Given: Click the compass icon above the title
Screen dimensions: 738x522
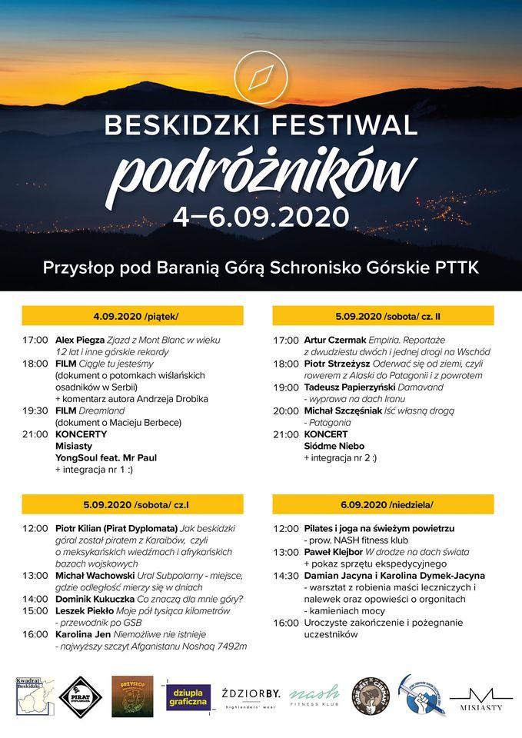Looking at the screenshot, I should (261, 77).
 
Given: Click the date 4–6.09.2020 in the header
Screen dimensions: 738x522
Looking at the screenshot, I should (261, 216).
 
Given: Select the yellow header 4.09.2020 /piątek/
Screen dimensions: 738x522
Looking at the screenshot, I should (132, 316).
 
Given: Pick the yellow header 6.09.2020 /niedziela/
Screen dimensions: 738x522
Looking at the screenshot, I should (384, 504).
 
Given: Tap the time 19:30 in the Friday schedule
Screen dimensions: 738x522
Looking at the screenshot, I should (35, 411).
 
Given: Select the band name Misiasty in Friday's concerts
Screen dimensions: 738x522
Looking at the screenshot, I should (75, 446).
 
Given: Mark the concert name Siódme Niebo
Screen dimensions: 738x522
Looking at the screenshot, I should (334, 446).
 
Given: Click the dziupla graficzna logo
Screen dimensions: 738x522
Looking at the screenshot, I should (188, 697).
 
